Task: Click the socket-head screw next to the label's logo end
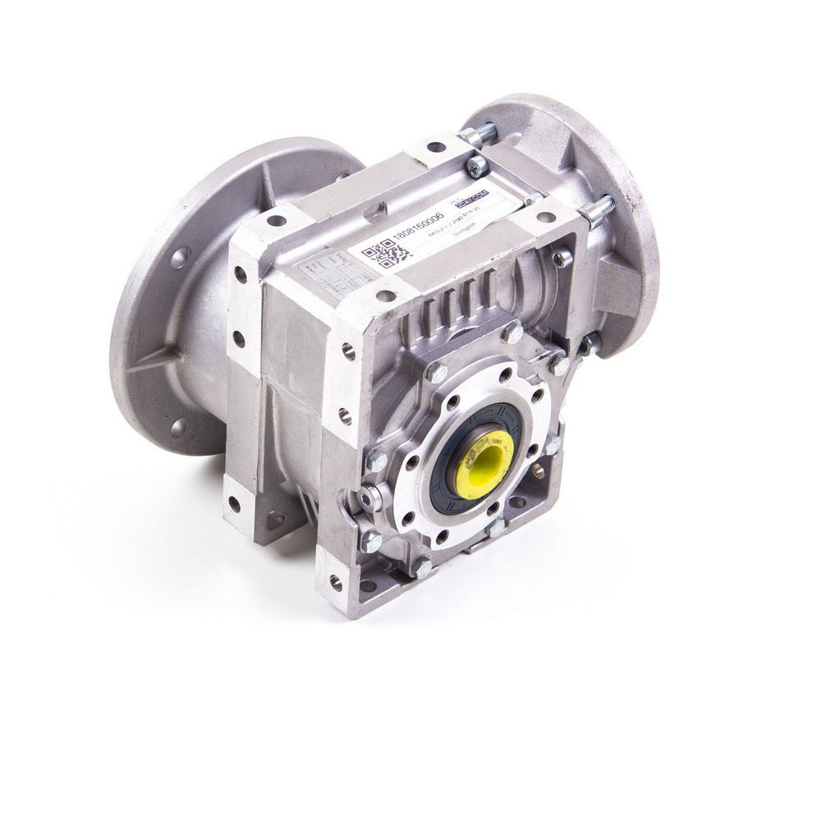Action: click(x=477, y=167)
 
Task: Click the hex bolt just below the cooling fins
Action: click(x=511, y=333)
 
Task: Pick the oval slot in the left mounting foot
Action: click(x=275, y=519)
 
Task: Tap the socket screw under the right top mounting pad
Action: click(x=562, y=259)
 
